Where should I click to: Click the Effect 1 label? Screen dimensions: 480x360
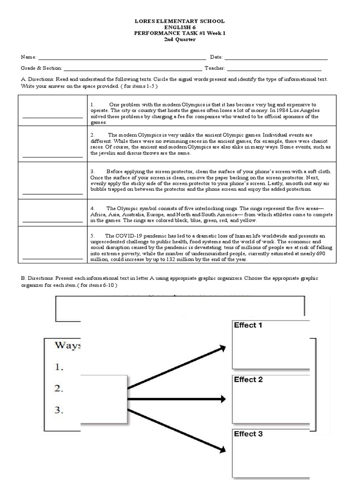coord(248,325)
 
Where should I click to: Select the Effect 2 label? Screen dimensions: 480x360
coord(248,379)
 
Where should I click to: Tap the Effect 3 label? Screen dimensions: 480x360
coord(248,434)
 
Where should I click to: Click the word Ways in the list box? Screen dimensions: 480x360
coord(67,345)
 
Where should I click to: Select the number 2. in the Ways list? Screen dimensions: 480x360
coord(59,389)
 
